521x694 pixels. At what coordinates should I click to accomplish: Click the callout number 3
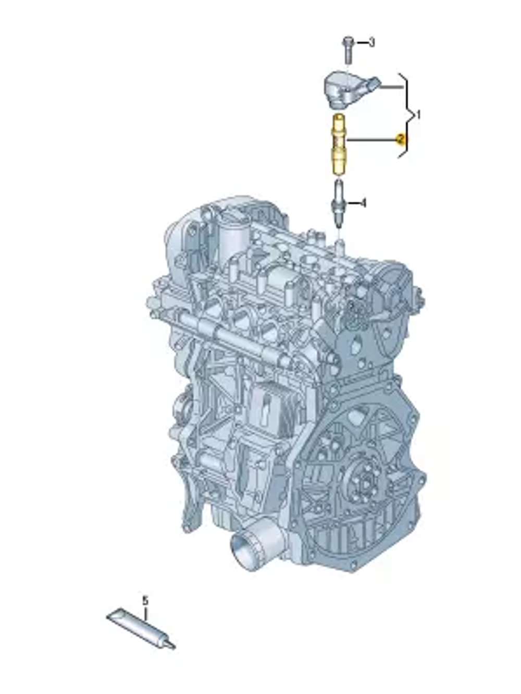pos(371,42)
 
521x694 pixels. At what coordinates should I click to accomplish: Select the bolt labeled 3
pos(348,48)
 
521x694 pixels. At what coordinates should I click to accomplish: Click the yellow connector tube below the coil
pos(338,143)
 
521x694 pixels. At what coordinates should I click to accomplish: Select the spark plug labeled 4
pos(338,203)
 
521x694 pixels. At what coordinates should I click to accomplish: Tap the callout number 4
pos(363,203)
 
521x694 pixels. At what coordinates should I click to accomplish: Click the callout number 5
pos(145,601)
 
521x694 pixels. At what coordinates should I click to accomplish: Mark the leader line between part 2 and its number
pos(371,140)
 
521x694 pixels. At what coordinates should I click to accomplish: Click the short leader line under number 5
pos(145,613)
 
